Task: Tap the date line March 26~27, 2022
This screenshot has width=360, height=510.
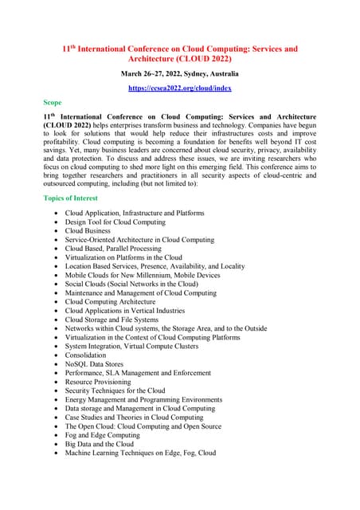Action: [180, 73]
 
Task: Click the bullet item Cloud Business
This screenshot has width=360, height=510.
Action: [88, 230]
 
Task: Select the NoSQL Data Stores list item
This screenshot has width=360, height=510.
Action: [96, 363]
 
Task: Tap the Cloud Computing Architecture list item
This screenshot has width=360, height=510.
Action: [112, 301]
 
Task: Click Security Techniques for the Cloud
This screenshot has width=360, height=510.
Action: [115, 390]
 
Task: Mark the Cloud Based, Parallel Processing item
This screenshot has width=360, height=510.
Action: [112, 248]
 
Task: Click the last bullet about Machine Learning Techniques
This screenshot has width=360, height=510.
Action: [140, 453]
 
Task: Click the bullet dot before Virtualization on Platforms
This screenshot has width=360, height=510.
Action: [54, 257]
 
